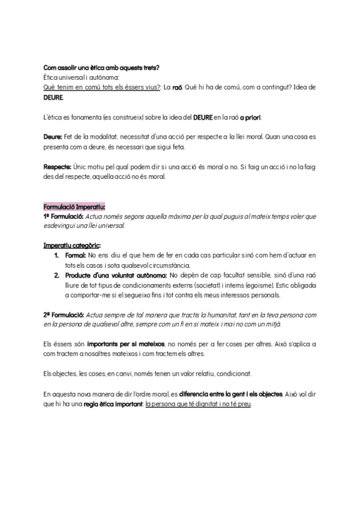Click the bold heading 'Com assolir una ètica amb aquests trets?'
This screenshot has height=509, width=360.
[x=101, y=68]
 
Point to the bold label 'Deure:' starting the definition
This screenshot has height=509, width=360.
[x=53, y=137]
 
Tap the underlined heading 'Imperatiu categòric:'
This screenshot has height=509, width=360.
[x=72, y=245]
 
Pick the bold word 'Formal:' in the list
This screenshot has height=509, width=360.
[x=75, y=255]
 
